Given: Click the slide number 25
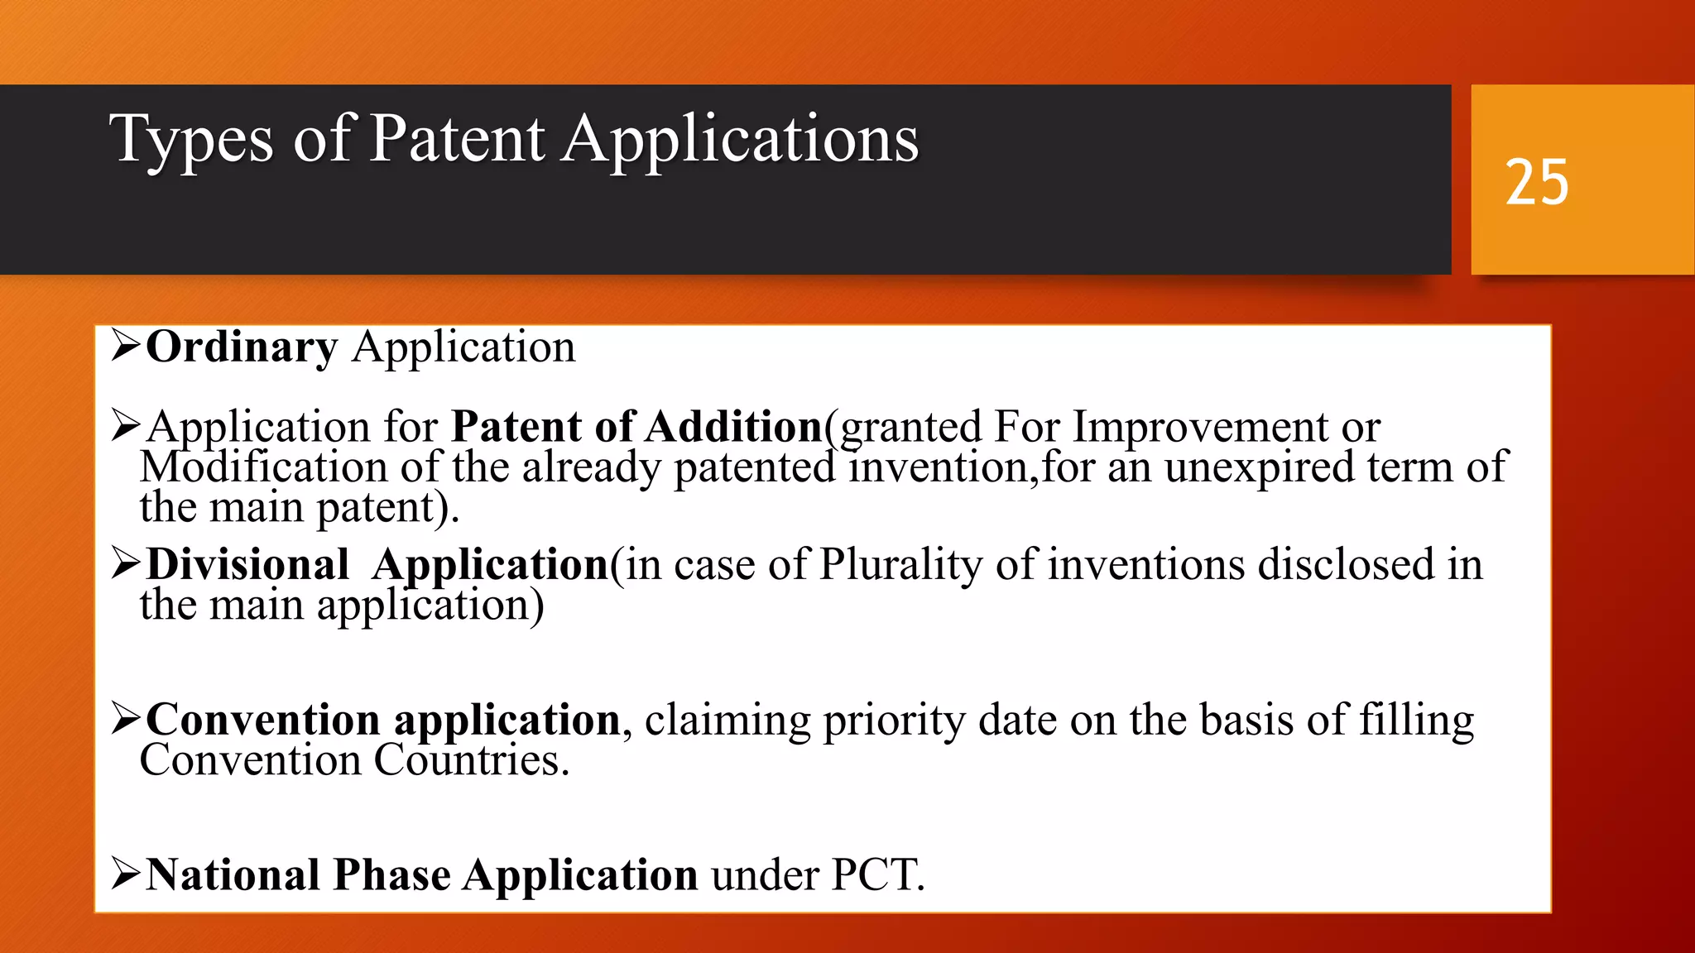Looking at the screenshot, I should (x=1536, y=183).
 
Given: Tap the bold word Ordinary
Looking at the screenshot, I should (x=242, y=347).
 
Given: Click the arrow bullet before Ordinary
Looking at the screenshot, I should (x=126, y=346).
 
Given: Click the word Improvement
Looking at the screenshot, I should (x=1200, y=428).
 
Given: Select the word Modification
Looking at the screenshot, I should (x=263, y=467).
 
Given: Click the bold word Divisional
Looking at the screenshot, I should (x=247, y=565).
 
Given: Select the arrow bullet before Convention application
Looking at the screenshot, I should (x=126, y=719).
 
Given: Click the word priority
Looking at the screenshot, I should (x=893, y=721).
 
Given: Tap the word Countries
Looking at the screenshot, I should (x=471, y=760).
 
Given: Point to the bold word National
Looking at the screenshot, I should (x=233, y=875).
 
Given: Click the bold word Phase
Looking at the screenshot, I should (x=392, y=875).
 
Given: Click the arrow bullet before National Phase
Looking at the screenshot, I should (x=126, y=874).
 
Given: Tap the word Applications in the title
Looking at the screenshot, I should (x=741, y=141).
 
